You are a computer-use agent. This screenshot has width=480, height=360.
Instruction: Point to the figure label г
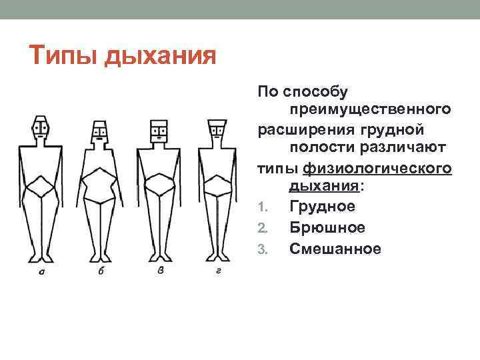click(217, 272)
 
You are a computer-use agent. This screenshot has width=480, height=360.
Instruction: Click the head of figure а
click(41, 128)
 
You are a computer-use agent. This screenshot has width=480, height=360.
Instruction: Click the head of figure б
click(100, 131)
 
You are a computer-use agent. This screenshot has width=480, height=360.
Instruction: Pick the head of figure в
click(158, 131)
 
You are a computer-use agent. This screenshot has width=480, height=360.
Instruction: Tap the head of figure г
click(217, 131)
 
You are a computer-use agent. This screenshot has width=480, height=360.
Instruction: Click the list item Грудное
click(322, 207)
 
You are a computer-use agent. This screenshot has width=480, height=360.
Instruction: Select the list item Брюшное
click(327, 228)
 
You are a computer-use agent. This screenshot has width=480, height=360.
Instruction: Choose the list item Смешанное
click(335, 249)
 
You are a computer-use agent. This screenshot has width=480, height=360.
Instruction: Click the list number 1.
click(262, 207)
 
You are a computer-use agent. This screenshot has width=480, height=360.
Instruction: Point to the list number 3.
click(262, 250)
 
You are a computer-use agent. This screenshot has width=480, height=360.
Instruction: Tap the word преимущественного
click(370, 108)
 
